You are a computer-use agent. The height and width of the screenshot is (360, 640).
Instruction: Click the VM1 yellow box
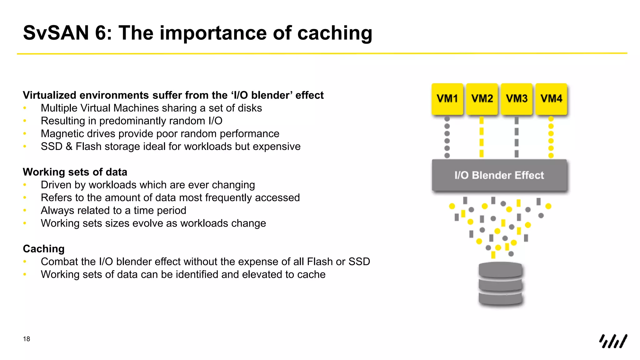point(447,99)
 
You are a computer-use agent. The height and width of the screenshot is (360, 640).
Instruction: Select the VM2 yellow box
point(482,99)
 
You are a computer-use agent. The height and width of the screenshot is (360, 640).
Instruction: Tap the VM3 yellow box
point(517,99)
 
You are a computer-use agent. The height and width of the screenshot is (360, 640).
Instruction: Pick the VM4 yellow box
point(551,99)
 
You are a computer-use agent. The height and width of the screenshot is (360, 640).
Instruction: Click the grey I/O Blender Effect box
point(499,175)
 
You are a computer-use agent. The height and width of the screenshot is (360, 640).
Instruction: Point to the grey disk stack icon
point(500,284)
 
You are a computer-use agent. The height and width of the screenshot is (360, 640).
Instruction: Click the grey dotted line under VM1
point(447,137)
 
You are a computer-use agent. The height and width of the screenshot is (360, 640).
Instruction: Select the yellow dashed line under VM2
point(482,137)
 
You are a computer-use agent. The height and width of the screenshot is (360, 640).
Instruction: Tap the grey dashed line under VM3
point(517,137)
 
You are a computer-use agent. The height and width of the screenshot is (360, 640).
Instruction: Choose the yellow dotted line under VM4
point(551,137)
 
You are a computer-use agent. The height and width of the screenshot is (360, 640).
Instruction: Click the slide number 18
point(27,339)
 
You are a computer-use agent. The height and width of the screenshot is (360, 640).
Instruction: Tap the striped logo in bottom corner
point(613,341)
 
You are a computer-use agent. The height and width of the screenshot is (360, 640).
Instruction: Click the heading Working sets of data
point(75,172)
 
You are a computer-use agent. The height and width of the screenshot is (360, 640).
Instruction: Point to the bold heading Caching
point(44,249)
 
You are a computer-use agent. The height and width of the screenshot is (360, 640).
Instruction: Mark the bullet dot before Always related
point(25,211)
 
